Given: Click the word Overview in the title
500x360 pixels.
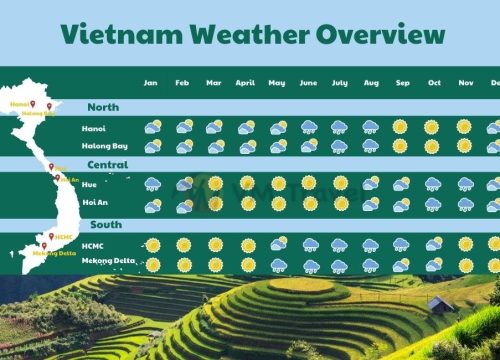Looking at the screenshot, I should (381, 34).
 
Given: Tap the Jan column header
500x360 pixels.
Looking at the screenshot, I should (152, 82).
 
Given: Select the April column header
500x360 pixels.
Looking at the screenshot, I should (245, 82).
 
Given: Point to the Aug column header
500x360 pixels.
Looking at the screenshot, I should (371, 82).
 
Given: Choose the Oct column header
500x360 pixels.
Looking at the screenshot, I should (433, 82).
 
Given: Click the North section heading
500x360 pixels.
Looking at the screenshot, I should (103, 107).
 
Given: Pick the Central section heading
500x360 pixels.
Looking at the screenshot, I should (106, 165).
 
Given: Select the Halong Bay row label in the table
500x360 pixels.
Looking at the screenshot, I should (106, 146).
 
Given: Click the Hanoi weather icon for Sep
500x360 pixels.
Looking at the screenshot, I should (401, 127).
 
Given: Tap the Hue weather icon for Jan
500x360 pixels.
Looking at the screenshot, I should (153, 184).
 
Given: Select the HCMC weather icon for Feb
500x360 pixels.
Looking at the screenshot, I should (183, 244).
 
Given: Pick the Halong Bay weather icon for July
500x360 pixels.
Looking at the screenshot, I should (340, 146).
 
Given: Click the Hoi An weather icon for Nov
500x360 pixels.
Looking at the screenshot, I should (465, 204).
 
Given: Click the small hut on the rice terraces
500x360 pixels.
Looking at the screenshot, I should (439, 302).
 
